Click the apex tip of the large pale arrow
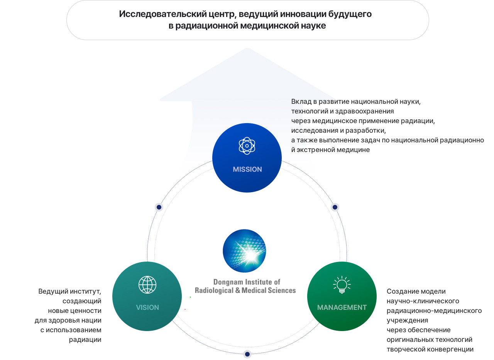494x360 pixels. click(x=247, y=48)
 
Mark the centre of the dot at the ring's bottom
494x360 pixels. click(x=247, y=354)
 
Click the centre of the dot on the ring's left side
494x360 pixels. click(x=159, y=207)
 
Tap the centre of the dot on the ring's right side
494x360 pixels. click(x=335, y=207)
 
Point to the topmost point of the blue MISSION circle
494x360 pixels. click(x=247, y=123)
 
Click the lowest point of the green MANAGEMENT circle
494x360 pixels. click(x=342, y=331)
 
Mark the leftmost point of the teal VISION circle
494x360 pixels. click(x=112, y=296)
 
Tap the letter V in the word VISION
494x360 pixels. click(x=138, y=307)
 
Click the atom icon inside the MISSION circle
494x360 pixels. click(x=247, y=146)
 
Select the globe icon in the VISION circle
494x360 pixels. click(x=147, y=285)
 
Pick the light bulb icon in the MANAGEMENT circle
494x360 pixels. click(x=342, y=285)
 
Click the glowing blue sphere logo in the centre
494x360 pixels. click(x=244, y=251)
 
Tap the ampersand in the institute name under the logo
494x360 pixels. click(x=238, y=290)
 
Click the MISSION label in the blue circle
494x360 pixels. click(x=247, y=169)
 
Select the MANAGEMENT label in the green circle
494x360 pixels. click(x=342, y=307)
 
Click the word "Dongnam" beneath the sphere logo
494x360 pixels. click(x=228, y=282)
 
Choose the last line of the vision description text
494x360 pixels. click(x=85, y=340)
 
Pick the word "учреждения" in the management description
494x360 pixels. click(x=407, y=320)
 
